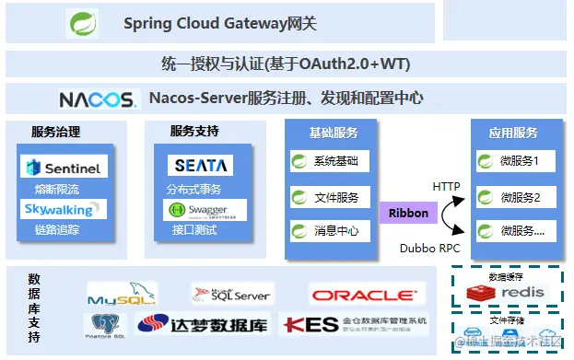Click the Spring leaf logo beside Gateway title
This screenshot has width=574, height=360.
[x=82, y=23]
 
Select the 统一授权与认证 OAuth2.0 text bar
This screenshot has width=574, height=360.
[x=285, y=64]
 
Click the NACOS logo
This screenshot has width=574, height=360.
[x=97, y=99]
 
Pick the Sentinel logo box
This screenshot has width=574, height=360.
[x=64, y=167]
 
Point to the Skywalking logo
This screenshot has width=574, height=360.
[x=64, y=210]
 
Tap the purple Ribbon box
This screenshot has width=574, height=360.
[x=408, y=213]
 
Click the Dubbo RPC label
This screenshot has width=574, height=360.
[x=429, y=248]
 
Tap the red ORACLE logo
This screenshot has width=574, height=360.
[x=367, y=296]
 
